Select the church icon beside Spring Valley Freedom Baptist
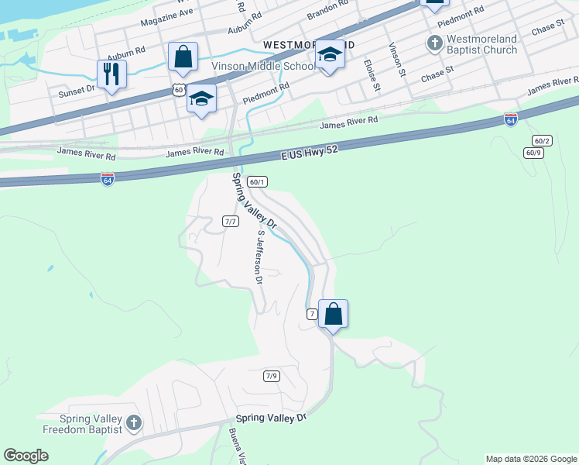[x=134, y=422]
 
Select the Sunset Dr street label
[x=77, y=90]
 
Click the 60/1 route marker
[x=257, y=182]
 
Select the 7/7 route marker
[x=230, y=221]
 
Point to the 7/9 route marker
[x=271, y=376]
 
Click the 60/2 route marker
[x=542, y=140]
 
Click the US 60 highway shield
[x=179, y=90]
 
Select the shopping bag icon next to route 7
[x=333, y=314]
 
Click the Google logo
[x=26, y=456]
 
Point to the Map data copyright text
[x=531, y=459]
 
